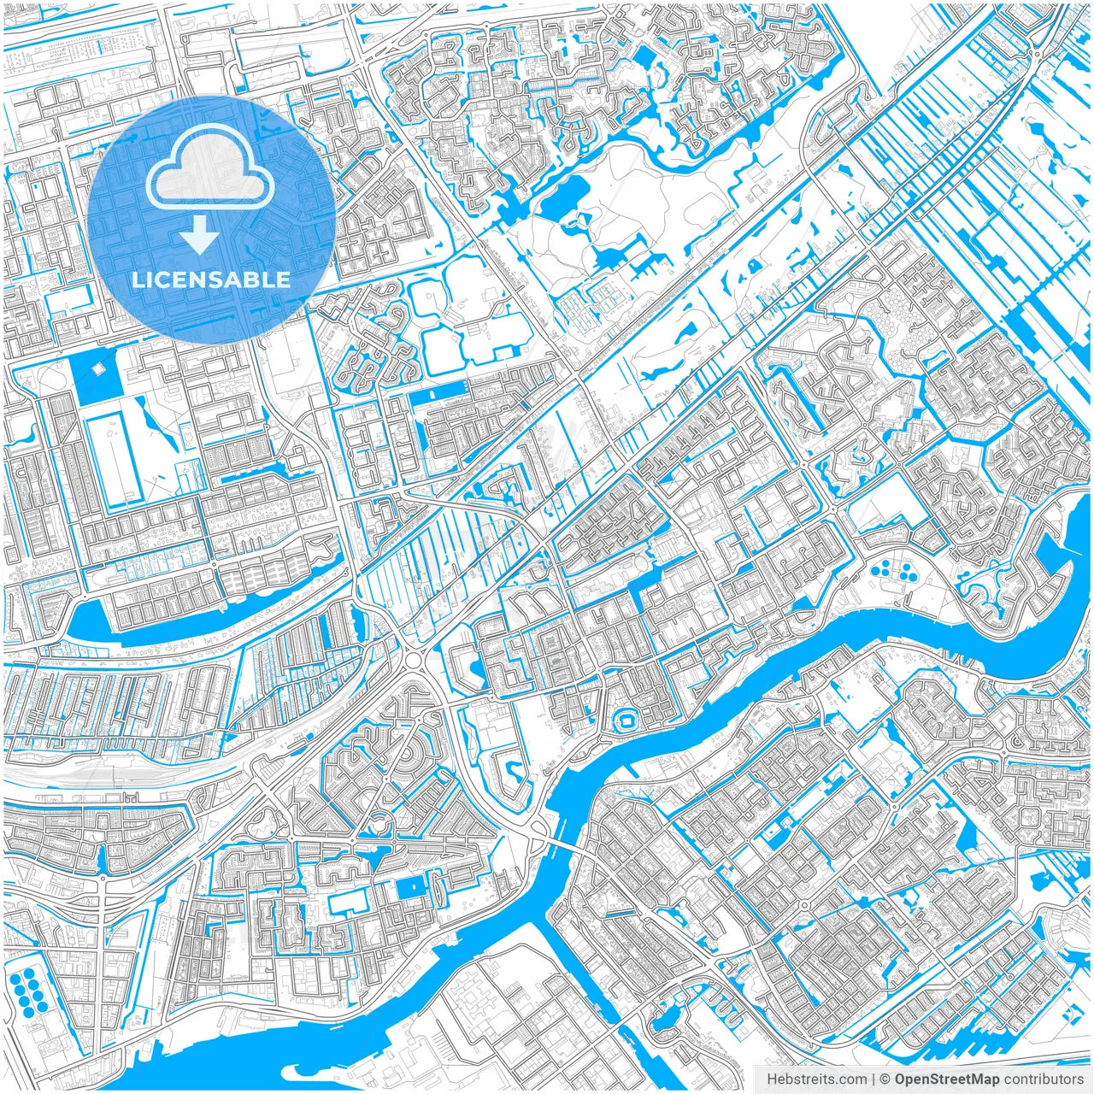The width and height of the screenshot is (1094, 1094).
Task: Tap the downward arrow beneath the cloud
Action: (200, 234)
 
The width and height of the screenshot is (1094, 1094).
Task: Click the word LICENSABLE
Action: (210, 279)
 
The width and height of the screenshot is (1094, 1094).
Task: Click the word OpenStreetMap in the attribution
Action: (947, 1079)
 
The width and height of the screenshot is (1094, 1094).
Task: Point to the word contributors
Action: (1044, 1079)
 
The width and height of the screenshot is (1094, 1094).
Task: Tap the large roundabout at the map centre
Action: (416, 659)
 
